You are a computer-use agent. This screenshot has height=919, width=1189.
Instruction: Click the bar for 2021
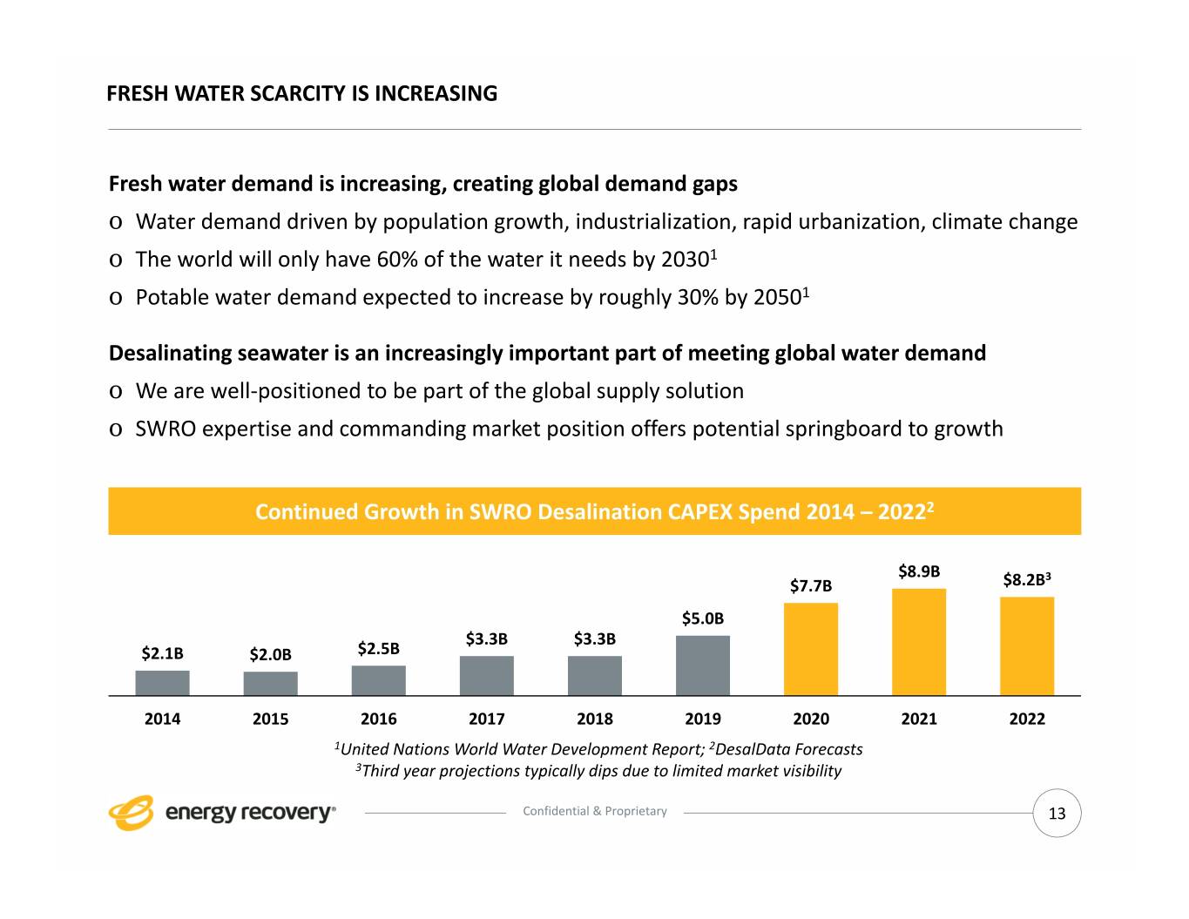(x=918, y=642)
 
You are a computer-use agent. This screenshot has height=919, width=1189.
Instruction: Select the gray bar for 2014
(x=162, y=683)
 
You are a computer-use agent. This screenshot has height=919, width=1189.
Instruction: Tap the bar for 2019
(x=702, y=666)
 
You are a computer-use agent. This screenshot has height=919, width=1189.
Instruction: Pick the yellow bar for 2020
(x=810, y=649)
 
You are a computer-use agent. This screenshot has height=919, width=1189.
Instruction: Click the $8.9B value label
(x=919, y=571)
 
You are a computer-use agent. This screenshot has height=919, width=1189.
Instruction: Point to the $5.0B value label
(x=702, y=618)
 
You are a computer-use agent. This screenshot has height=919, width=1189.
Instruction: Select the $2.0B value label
(x=270, y=654)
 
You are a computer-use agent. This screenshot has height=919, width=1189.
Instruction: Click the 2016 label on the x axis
(x=378, y=719)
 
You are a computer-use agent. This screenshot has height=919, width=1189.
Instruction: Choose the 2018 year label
(x=594, y=719)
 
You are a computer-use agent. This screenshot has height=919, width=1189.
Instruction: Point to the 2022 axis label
(x=1026, y=719)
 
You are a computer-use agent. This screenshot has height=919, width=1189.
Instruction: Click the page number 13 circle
(x=1057, y=814)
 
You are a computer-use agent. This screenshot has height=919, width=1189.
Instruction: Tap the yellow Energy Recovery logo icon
(x=131, y=813)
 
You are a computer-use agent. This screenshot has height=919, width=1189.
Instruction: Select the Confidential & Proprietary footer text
(x=594, y=811)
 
